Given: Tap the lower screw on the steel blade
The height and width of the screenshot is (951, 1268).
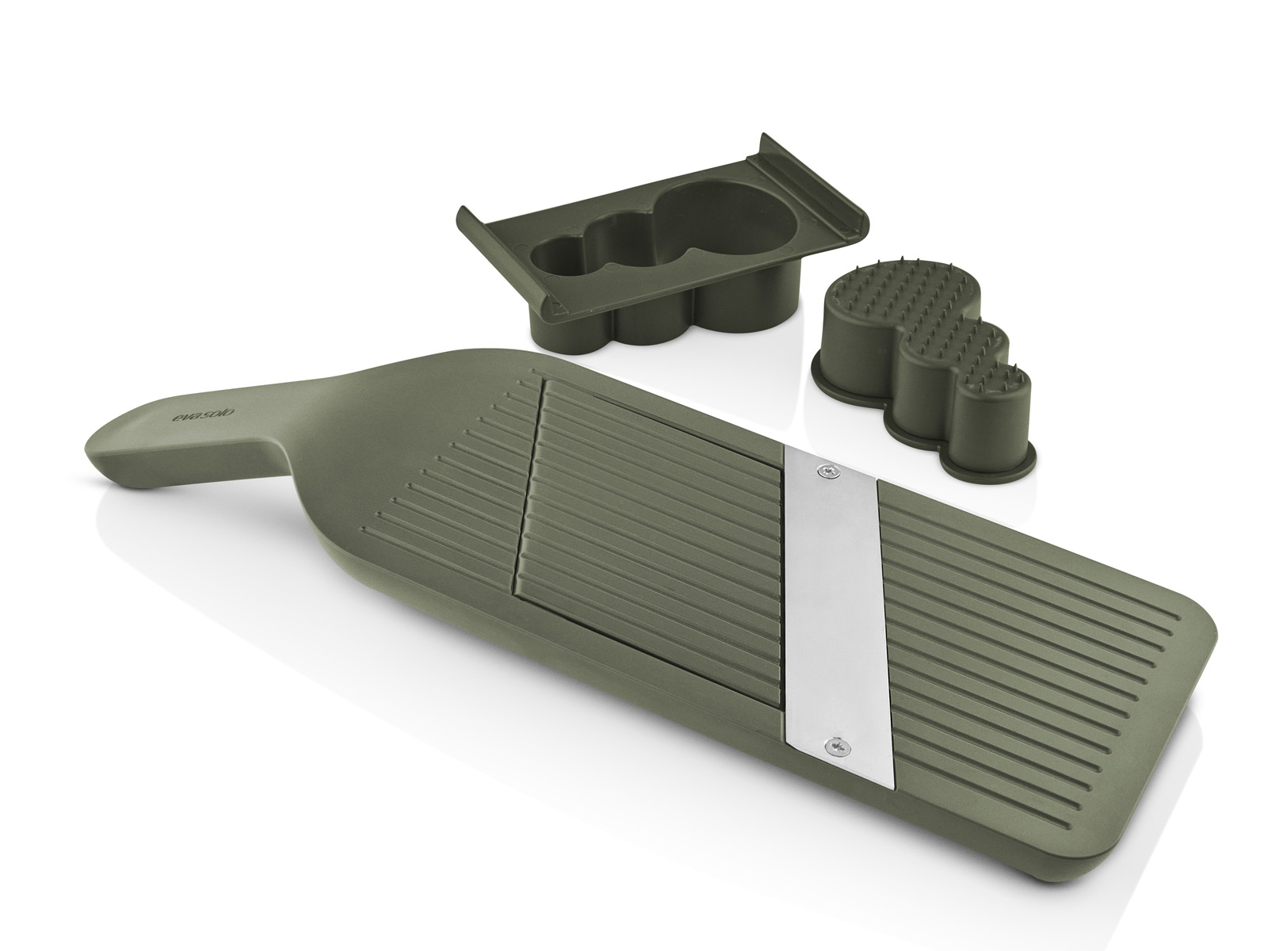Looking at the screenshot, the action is pyautogui.click(x=836, y=746).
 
